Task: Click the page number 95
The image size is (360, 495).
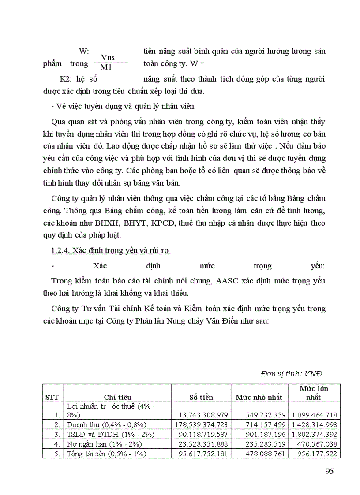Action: pos(329,471)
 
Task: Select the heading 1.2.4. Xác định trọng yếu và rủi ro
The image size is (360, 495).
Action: pos(110,250)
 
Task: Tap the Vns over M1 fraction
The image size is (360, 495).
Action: pos(108,62)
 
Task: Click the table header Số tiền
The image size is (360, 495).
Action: pos(201,397)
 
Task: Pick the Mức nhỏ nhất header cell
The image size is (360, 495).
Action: pos(259,397)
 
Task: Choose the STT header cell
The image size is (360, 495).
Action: pos(52,397)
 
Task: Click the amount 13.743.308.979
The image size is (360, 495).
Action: pos(203,415)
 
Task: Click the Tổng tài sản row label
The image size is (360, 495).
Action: pos(106,454)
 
